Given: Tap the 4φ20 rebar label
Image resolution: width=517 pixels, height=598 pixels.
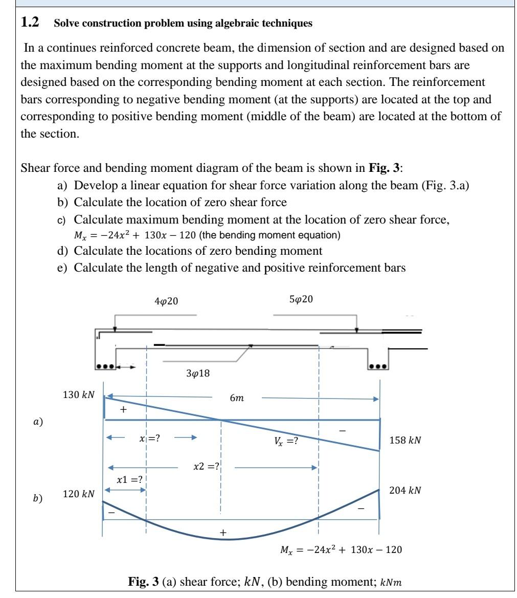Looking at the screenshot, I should click(x=166, y=301).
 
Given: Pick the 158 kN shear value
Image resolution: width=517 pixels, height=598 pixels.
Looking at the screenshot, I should click(x=405, y=440).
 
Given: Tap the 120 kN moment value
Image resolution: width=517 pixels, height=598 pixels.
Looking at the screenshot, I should click(x=78, y=494).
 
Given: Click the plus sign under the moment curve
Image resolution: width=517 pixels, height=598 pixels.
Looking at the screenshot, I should click(x=222, y=533).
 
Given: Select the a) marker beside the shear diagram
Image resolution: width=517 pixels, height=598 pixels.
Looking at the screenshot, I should click(x=37, y=422).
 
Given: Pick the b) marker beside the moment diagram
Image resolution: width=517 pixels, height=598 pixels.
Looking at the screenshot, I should click(x=38, y=498).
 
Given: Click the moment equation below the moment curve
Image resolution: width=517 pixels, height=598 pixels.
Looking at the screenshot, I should click(x=341, y=550).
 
